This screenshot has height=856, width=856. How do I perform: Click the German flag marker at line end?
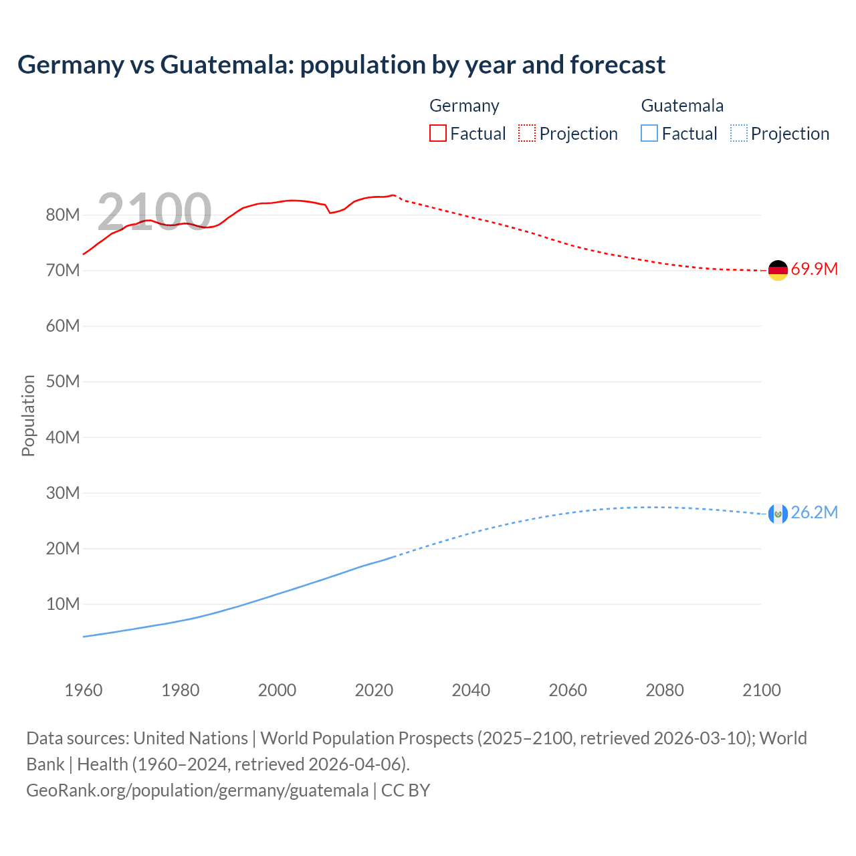coord(777,270)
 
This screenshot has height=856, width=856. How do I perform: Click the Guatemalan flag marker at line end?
coord(777,514)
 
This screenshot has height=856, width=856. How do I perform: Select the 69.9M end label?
coord(814,270)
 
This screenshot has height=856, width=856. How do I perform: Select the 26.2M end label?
coord(814,513)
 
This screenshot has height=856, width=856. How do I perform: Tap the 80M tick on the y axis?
coord(63,215)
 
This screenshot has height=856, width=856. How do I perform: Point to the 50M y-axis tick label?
coord(63,382)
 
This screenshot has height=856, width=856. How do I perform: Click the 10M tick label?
coord(63,605)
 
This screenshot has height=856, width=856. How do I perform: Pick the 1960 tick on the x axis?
coord(84,690)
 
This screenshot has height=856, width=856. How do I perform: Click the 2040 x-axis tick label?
coord(471,690)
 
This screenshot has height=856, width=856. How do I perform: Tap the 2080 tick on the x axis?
coord(665,690)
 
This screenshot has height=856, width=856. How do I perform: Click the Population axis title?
coord(28,415)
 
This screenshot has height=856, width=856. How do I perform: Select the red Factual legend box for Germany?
coord(438,133)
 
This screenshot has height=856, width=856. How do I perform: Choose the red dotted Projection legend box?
coord(527,133)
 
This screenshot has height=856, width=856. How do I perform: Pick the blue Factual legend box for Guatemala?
coord(649,133)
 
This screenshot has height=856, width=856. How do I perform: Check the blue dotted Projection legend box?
coord(739,133)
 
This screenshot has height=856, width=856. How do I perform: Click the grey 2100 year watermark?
coord(154,211)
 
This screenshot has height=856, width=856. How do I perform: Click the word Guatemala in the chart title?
coord(227,65)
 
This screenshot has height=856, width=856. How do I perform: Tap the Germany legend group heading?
coord(464,106)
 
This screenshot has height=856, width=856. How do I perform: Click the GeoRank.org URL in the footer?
coord(197,790)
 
